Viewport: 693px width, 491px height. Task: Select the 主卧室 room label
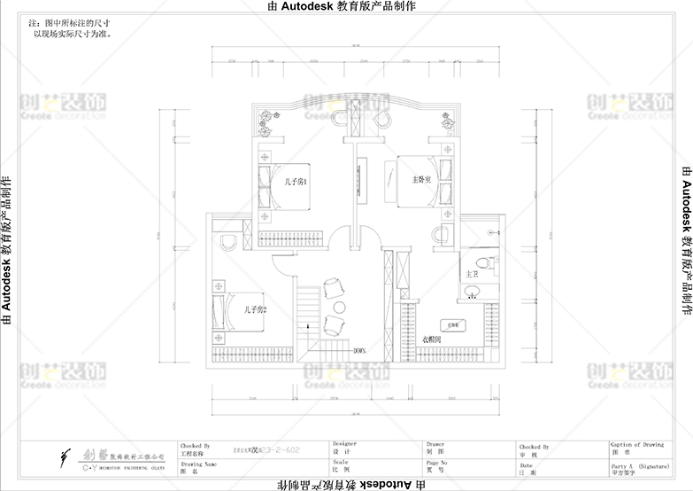click(x=420, y=179)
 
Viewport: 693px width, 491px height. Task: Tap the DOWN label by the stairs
click(x=359, y=351)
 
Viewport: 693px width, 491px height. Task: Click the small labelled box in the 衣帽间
click(x=451, y=325)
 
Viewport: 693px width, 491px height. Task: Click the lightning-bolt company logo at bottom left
click(x=65, y=456)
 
